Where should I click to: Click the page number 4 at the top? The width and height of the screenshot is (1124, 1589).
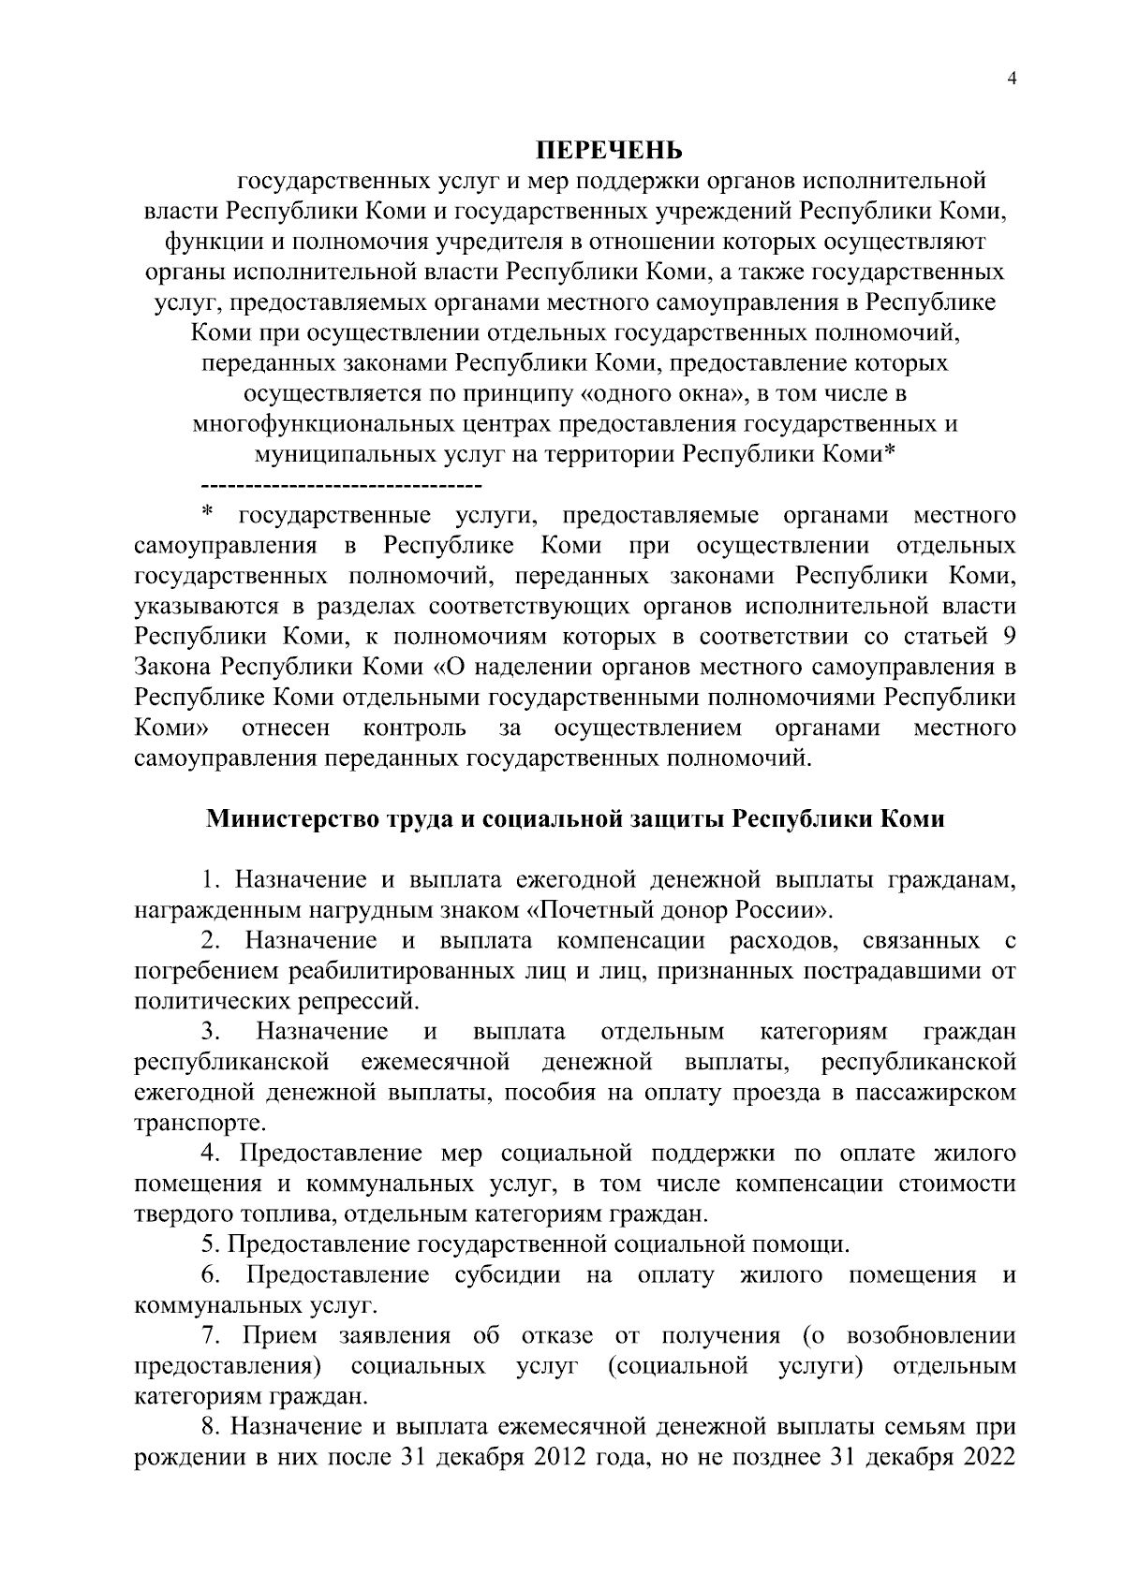[1011, 80]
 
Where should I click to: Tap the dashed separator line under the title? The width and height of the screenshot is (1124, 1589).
[341, 487]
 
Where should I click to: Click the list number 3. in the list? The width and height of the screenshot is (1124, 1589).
[210, 1032]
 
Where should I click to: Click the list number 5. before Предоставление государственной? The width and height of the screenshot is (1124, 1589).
[211, 1245]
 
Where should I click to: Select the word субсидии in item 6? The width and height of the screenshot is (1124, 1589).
[508, 1275]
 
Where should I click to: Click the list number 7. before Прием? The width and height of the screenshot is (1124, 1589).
[211, 1336]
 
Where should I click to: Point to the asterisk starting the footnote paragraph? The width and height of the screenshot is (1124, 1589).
[207, 511]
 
